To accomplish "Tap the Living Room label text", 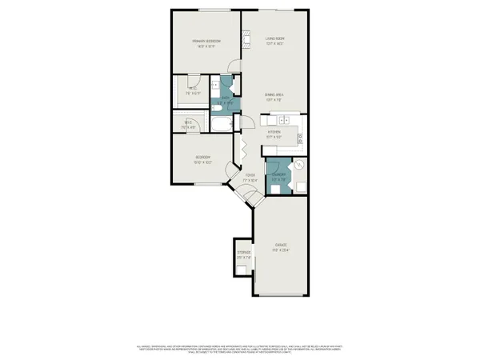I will point(275,41).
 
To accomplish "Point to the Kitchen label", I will point(274,134).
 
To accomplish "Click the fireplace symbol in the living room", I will point(247,39).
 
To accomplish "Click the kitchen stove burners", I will point(301,138).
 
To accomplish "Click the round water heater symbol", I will point(298,164).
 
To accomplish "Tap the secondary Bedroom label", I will point(202,159).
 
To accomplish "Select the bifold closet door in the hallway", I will point(238,147).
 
